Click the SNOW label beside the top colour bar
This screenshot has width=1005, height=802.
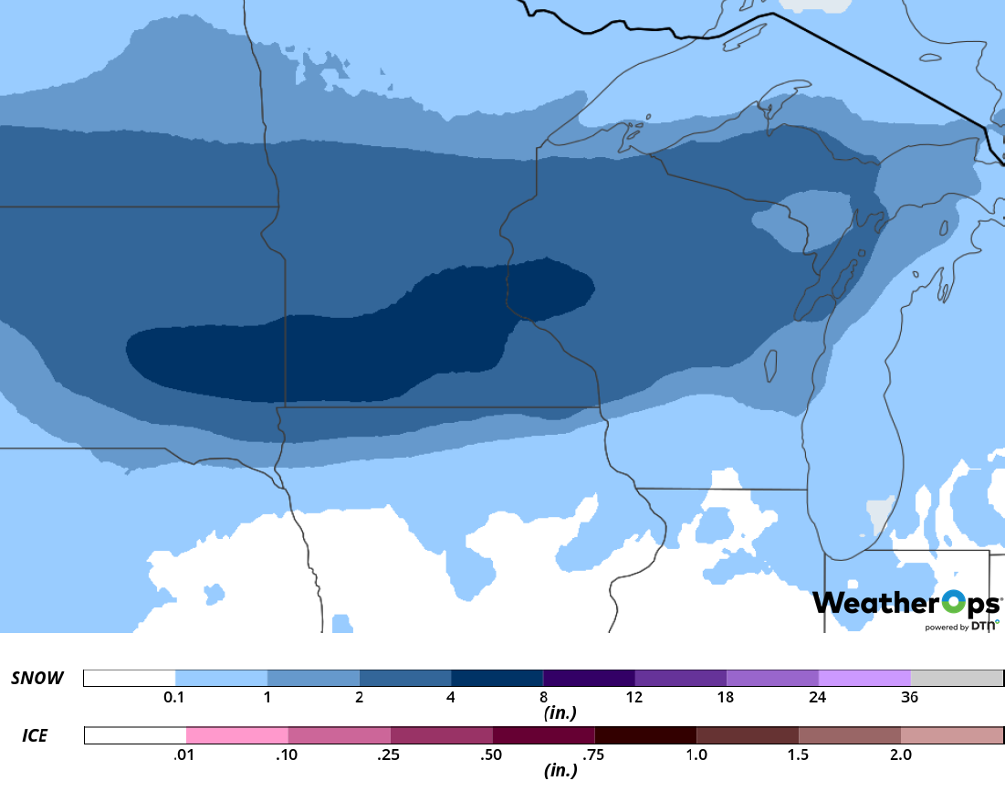(37, 678)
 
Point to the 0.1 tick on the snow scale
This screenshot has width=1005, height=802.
(175, 698)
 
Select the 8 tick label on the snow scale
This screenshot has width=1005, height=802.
(543, 698)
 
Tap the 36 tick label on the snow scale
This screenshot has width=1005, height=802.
(909, 698)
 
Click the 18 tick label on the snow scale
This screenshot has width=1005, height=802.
(726, 698)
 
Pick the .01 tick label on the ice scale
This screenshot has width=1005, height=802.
(185, 755)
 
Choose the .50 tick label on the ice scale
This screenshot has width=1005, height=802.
(492, 755)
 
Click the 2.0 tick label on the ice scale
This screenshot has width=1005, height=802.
(900, 755)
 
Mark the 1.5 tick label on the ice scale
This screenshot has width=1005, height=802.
(798, 755)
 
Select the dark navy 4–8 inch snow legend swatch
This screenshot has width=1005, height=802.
(497, 678)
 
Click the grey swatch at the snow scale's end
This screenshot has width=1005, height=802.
(957, 678)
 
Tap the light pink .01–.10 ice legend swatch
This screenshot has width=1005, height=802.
(236, 735)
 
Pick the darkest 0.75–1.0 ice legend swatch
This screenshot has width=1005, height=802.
(644, 735)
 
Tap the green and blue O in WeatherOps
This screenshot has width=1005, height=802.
(953, 603)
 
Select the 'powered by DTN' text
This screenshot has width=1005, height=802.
(961, 627)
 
